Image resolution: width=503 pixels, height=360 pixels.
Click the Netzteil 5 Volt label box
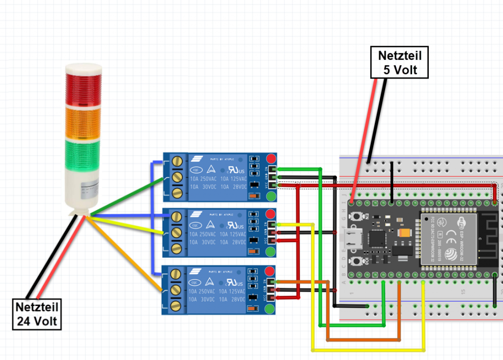[x=399, y=62]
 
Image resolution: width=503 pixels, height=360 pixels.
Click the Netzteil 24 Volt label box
[x=37, y=315]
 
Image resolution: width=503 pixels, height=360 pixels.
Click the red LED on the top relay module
[x=271, y=158]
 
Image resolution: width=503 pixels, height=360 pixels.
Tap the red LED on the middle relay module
[x=271, y=214]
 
